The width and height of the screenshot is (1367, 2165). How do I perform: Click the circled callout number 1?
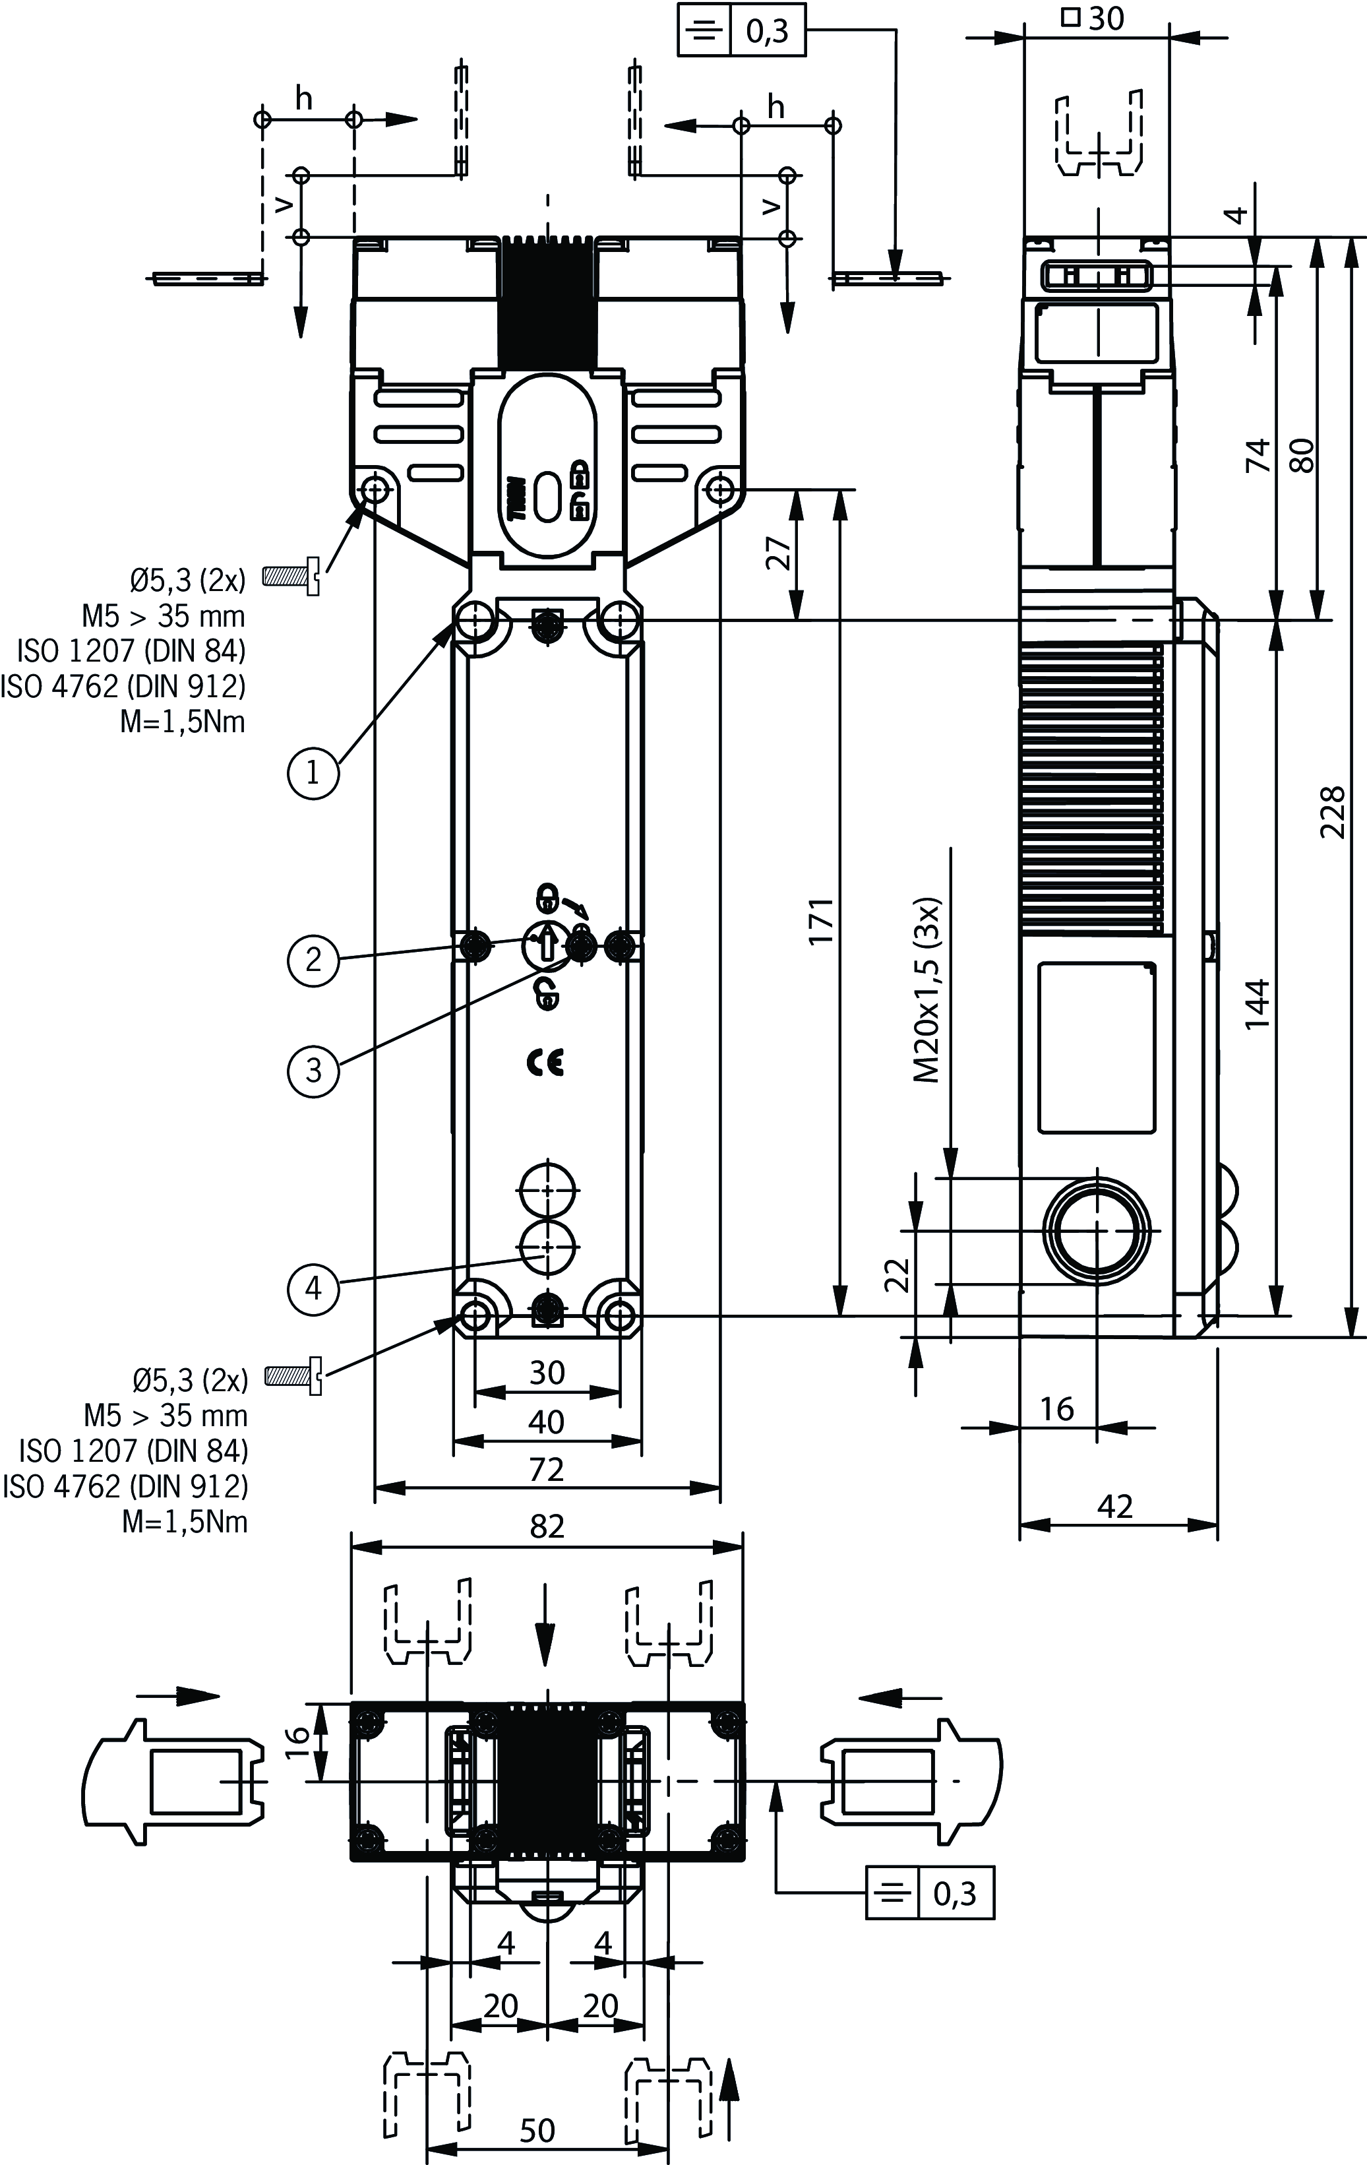pos(313,771)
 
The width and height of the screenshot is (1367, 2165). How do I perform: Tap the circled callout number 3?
pos(313,1070)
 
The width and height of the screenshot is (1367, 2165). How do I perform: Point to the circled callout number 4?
pos(313,1288)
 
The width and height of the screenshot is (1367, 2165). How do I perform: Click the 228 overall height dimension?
pos(1332,812)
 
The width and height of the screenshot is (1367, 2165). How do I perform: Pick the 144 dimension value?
pos(1258,1003)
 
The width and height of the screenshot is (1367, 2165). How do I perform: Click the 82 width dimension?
pos(547,1525)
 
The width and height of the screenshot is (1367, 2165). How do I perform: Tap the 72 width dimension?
pos(547,1469)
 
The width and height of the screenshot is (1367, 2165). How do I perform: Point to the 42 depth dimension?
pos(1114,1505)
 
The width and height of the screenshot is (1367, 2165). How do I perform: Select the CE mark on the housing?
pos(545,1063)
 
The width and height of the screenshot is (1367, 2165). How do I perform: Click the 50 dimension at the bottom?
pos(537,2130)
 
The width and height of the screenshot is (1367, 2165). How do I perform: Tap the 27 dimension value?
pos(780,552)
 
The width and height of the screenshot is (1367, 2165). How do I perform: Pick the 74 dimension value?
pos(1258,455)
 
